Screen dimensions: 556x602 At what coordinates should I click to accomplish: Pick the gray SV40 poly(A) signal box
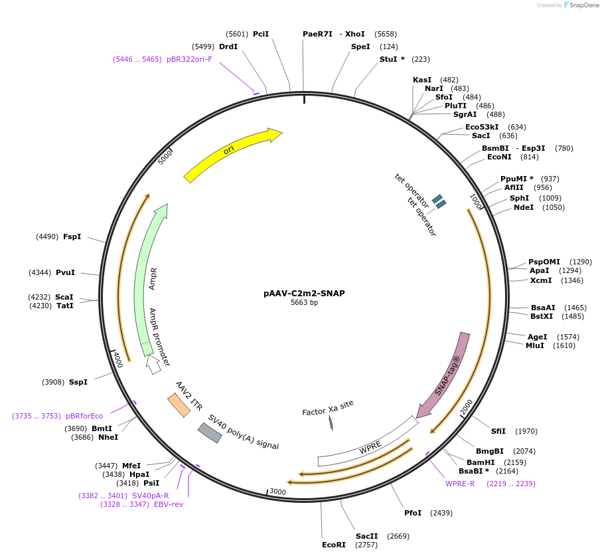(210, 432)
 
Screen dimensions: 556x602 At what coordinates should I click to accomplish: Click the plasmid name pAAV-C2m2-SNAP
(304, 293)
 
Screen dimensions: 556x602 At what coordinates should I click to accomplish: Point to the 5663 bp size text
(304, 303)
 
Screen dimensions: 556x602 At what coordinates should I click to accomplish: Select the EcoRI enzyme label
(334, 545)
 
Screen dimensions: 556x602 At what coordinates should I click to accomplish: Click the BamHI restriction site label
(481, 462)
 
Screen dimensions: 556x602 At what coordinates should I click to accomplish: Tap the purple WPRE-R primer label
(460, 483)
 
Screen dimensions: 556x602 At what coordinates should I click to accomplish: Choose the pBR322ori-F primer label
(190, 59)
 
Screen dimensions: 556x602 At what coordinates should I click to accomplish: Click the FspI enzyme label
(72, 236)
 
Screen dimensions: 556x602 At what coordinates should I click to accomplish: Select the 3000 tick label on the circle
(277, 492)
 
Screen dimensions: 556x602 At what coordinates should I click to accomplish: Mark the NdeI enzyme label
(524, 207)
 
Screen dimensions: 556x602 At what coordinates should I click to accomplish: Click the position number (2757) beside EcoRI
(366, 545)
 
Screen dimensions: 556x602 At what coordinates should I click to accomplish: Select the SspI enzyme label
(78, 382)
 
